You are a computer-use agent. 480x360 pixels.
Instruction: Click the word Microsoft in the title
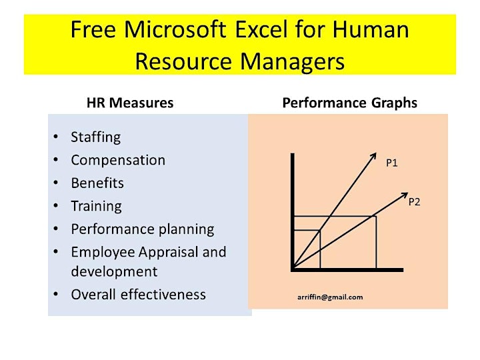[175, 29]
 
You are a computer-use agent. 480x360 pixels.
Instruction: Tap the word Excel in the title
[261, 29]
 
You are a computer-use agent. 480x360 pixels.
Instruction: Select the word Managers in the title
[293, 62]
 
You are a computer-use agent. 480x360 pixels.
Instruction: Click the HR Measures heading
[130, 103]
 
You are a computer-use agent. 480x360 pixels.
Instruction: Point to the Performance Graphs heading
[349, 103]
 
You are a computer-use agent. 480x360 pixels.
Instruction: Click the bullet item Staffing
[96, 137]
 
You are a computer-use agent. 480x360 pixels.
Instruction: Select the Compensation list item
[118, 160]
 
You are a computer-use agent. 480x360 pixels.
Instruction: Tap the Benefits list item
[97, 183]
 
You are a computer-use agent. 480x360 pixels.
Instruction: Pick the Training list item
[97, 206]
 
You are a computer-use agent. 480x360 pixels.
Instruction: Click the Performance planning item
[143, 229]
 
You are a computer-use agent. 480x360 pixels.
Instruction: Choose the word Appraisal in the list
[167, 253]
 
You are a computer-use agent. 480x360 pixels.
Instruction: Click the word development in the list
[114, 272]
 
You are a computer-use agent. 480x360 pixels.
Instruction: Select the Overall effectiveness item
[139, 295]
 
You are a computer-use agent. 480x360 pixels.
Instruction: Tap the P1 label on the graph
[392, 163]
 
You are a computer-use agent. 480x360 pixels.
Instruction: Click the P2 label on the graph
[414, 202]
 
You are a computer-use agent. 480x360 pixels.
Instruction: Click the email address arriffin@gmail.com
[330, 297]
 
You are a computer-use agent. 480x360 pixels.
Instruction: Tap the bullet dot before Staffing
[56, 137]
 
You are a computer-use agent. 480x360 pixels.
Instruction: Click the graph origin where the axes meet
[293, 269]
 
